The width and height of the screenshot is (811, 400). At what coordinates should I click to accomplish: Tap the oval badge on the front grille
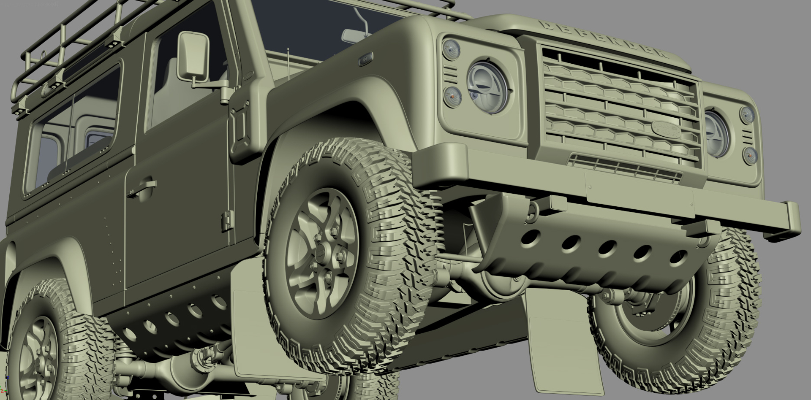tap(667, 128)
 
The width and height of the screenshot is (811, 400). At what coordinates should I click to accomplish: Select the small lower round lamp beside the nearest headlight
tap(452, 97)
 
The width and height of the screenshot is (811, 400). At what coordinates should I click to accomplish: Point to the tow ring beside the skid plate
tap(535, 208)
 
